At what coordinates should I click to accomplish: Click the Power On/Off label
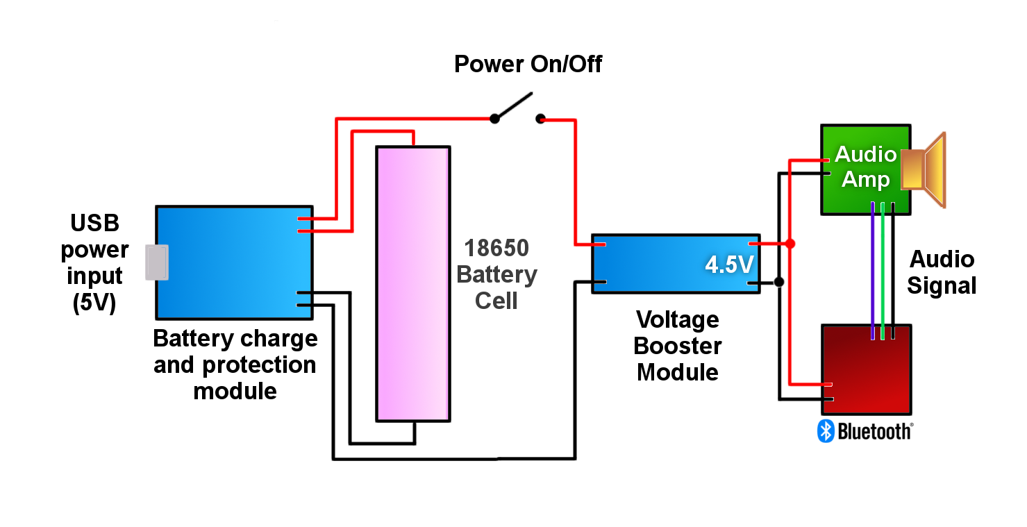[528, 64]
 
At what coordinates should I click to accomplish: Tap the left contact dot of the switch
[494, 119]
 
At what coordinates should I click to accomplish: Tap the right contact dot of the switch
[540, 119]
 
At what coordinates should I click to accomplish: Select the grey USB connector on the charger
[156, 262]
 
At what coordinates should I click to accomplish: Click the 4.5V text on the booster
[728, 265]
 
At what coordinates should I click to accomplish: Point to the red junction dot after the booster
[790, 244]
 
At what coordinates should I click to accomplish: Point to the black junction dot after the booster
[779, 282]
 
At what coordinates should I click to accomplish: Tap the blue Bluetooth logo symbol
[825, 431]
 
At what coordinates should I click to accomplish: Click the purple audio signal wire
[872, 271]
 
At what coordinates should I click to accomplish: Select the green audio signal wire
[883, 271]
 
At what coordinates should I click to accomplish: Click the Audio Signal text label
[942, 272]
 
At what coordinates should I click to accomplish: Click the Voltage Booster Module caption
[677, 346]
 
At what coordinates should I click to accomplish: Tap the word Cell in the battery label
[496, 301]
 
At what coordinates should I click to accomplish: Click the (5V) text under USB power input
[94, 303]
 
